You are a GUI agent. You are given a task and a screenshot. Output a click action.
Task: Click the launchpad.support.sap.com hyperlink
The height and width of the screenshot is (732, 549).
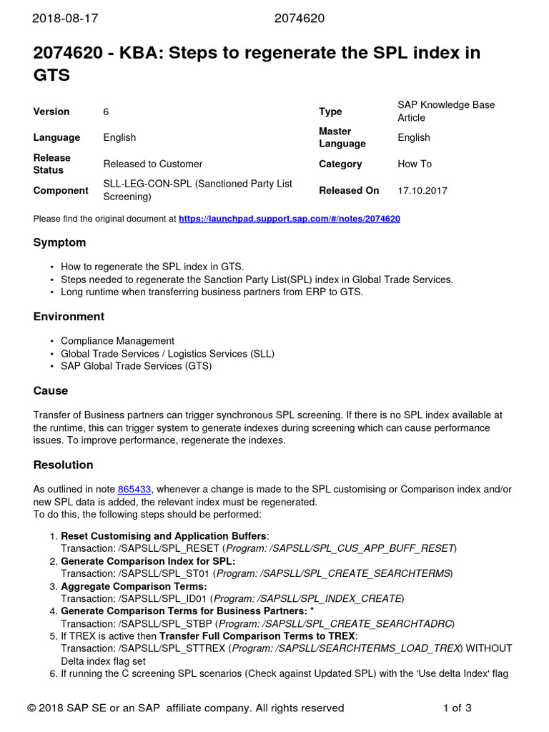(x=289, y=219)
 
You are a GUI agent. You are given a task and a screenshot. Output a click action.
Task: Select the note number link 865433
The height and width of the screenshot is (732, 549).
(x=134, y=489)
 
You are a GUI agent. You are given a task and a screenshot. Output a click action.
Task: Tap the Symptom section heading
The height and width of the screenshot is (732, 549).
(x=59, y=242)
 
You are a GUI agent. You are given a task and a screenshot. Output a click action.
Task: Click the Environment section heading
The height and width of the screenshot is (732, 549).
(x=69, y=316)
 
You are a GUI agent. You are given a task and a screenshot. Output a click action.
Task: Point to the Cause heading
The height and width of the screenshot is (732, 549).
(x=51, y=390)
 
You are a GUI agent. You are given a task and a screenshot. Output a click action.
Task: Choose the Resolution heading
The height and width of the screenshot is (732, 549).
(x=63, y=465)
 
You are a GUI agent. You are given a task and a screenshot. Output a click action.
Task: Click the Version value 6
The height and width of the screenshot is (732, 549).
(x=107, y=112)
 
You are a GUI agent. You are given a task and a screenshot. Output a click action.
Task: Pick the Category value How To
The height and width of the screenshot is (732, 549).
(x=415, y=164)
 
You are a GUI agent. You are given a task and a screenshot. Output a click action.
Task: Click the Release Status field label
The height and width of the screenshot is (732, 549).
(x=52, y=164)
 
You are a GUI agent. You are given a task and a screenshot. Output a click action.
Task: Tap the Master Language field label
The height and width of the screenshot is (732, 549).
(x=342, y=137)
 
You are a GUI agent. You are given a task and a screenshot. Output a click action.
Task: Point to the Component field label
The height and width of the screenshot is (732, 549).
(x=61, y=191)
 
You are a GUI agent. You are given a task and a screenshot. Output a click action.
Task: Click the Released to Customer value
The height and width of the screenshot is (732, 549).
(x=152, y=164)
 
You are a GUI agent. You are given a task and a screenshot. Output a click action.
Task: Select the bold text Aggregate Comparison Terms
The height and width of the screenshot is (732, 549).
(x=134, y=586)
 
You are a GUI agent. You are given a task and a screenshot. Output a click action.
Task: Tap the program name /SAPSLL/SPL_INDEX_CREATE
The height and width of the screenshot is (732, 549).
(x=339, y=598)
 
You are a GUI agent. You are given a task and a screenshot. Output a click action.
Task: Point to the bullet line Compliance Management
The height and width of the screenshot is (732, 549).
(x=117, y=341)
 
